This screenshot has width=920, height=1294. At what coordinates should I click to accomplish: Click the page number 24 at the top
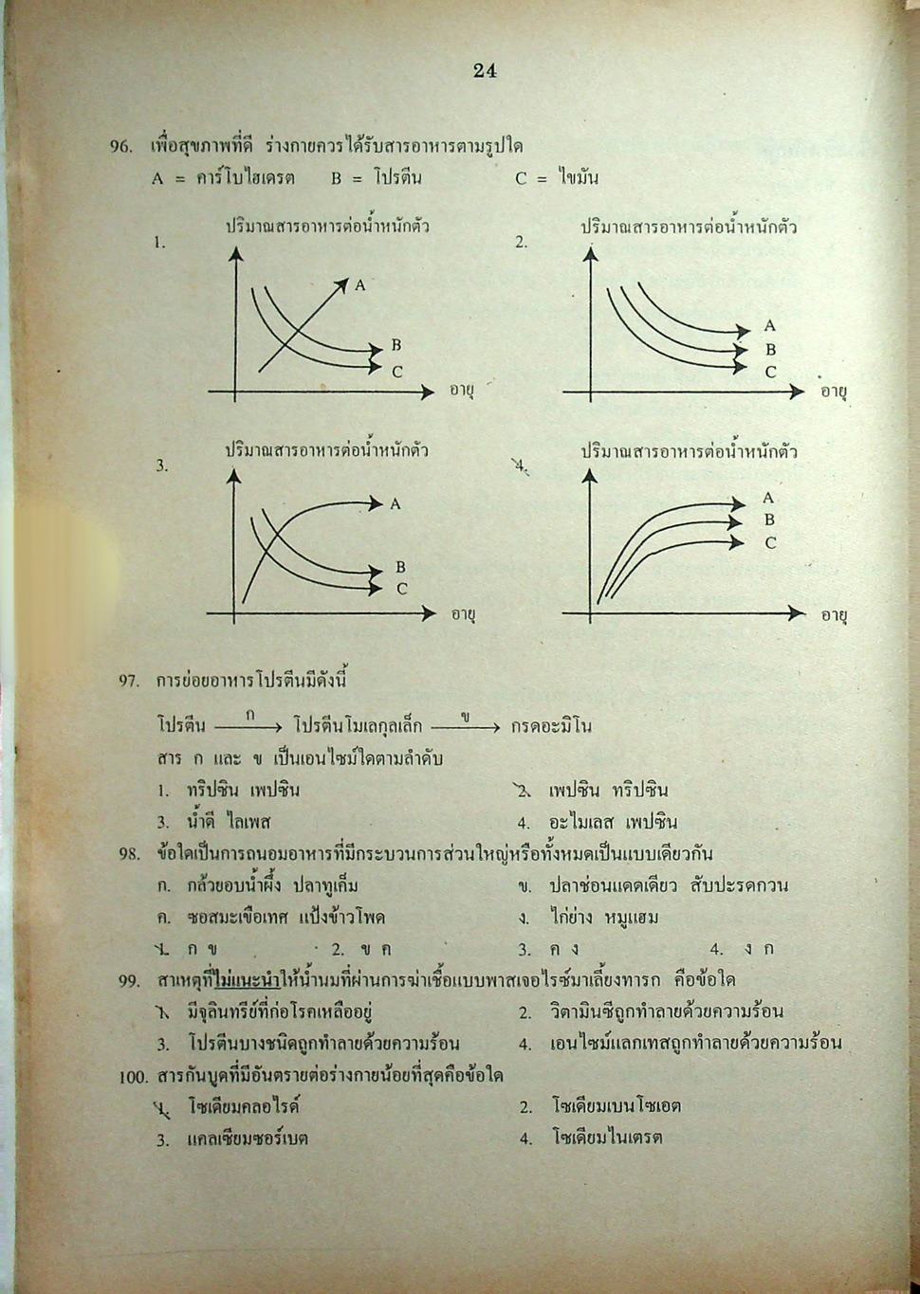[485, 70]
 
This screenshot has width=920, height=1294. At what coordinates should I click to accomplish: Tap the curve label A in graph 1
[360, 284]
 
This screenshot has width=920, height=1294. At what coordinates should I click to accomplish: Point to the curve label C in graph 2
[770, 373]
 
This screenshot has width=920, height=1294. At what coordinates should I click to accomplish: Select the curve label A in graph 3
[396, 504]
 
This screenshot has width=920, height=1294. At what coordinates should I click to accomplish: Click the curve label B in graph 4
[769, 519]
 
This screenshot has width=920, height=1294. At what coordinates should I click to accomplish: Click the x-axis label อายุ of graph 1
[462, 391]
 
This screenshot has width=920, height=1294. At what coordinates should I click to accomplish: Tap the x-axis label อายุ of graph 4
[834, 615]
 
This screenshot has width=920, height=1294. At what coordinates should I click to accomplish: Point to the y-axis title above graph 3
[326, 450]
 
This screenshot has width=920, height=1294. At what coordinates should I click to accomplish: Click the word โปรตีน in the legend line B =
[397, 177]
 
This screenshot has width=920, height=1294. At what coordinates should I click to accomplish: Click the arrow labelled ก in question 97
[248, 726]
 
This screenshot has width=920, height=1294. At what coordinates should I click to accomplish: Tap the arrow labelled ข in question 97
[465, 726]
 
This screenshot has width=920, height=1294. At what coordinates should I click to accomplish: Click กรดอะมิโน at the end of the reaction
[551, 726]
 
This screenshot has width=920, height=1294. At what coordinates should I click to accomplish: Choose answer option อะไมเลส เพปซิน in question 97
[613, 822]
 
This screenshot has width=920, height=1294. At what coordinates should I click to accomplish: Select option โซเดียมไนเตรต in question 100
[607, 1138]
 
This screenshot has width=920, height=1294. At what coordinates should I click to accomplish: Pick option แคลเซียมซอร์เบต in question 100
[248, 1139]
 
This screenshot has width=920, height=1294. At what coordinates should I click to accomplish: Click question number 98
[129, 854]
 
